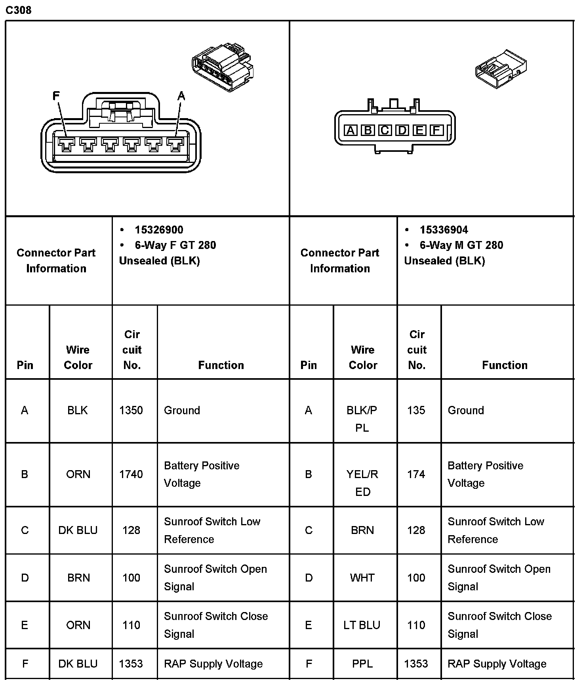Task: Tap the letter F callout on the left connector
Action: (x=56, y=96)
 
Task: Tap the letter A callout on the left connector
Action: (x=181, y=96)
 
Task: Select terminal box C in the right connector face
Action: (x=385, y=130)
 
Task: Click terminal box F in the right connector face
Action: (x=436, y=130)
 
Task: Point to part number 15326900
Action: (x=159, y=230)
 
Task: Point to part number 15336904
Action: (x=444, y=230)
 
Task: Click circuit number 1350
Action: (x=131, y=410)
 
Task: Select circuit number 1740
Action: (x=131, y=474)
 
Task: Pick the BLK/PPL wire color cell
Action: (x=362, y=419)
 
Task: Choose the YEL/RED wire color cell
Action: (x=362, y=482)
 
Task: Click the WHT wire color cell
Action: (x=362, y=578)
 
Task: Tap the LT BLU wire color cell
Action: (x=362, y=625)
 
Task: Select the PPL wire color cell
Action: (x=362, y=664)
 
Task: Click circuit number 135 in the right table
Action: (x=416, y=410)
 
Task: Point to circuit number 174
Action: (x=416, y=474)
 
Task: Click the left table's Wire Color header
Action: (x=78, y=357)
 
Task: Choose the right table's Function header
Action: (x=505, y=365)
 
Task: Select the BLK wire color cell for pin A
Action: (x=78, y=410)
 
